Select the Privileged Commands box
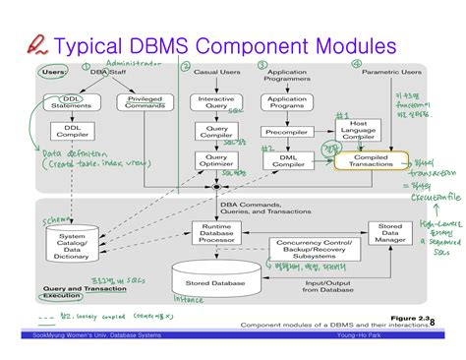(x=146, y=102)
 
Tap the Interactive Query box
(x=217, y=103)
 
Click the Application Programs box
(x=288, y=103)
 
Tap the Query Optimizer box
(x=217, y=160)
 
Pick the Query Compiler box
(x=217, y=132)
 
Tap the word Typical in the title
(x=97, y=45)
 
